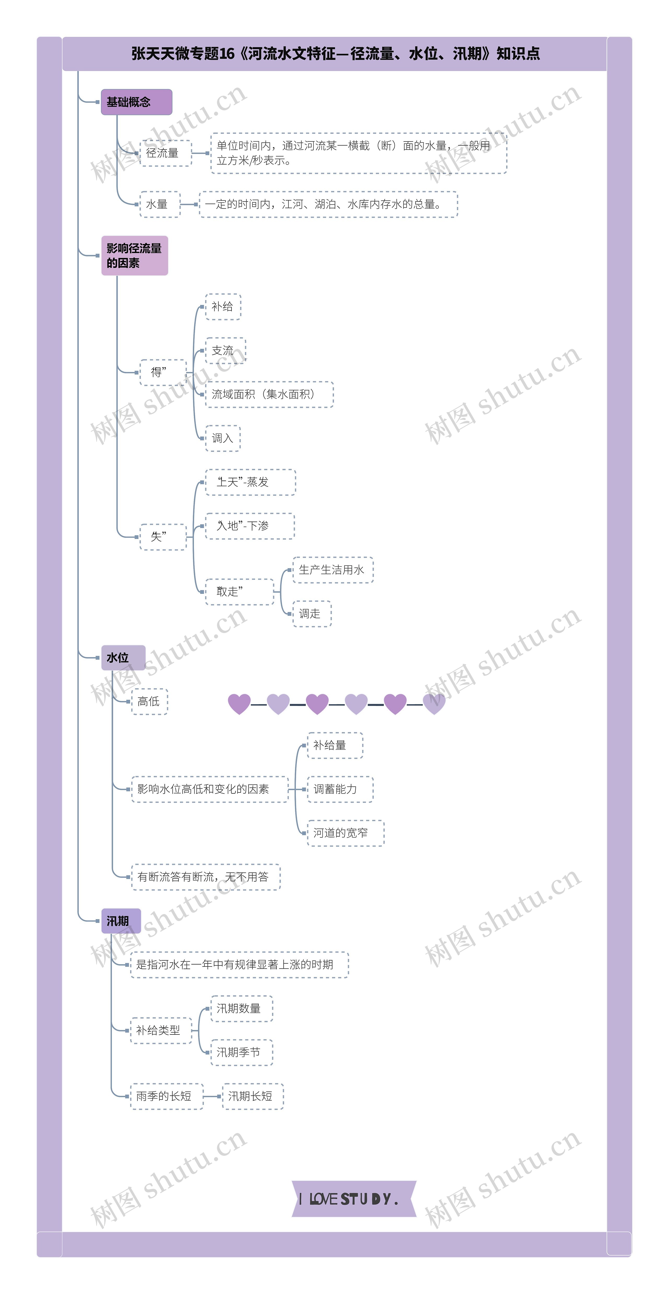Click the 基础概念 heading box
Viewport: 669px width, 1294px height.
pos(137,102)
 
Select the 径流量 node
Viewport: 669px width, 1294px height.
pos(166,153)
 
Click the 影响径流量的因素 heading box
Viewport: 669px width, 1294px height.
pos(135,256)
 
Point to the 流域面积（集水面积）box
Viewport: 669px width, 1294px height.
pos(269,394)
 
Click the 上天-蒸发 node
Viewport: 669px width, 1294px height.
pos(250,482)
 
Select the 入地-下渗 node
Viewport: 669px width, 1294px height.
pos(250,526)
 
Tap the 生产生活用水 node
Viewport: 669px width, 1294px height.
pos(333,570)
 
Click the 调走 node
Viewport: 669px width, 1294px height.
pos(312,613)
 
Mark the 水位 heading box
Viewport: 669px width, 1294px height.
pos(123,658)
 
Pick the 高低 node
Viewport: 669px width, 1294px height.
pos(149,701)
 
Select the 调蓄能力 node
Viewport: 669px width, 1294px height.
pos(340,789)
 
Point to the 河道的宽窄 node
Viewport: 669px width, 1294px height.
pos(345,833)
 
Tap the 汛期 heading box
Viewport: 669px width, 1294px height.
pos(121,921)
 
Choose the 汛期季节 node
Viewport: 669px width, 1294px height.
pos(241,1053)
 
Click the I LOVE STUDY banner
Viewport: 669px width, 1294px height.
pos(354,1199)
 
